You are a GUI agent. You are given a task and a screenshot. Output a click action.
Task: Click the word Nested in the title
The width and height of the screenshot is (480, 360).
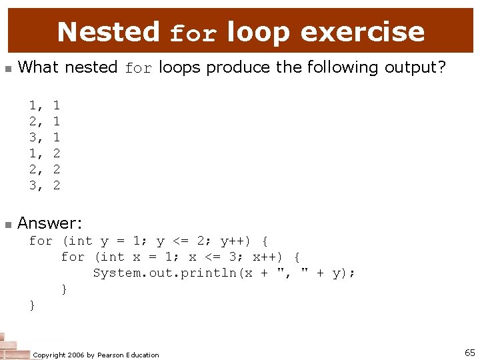click(109, 31)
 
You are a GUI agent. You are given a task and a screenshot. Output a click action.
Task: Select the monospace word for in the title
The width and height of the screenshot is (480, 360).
click(193, 33)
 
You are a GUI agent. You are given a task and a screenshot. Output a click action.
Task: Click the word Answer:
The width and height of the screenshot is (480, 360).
click(50, 223)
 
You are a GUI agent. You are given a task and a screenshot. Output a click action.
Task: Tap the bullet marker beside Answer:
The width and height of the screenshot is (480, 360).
click(8, 224)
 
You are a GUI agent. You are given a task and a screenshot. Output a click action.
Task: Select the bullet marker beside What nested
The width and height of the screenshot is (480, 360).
click(8, 69)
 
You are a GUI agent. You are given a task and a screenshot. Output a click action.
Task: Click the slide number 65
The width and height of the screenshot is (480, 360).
click(469, 353)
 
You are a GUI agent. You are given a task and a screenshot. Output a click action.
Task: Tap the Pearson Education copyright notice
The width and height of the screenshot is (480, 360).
click(96, 355)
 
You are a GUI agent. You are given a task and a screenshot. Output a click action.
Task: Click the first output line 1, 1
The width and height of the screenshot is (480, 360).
click(45, 105)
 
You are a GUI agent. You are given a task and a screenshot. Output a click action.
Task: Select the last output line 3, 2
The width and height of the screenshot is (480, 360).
click(45, 185)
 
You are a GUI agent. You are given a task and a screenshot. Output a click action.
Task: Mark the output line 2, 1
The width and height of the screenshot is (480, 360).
click(45, 121)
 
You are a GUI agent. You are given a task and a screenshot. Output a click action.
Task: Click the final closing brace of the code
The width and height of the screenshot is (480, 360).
click(32, 305)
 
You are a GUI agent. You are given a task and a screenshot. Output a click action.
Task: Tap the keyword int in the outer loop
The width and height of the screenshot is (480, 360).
click(80, 241)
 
